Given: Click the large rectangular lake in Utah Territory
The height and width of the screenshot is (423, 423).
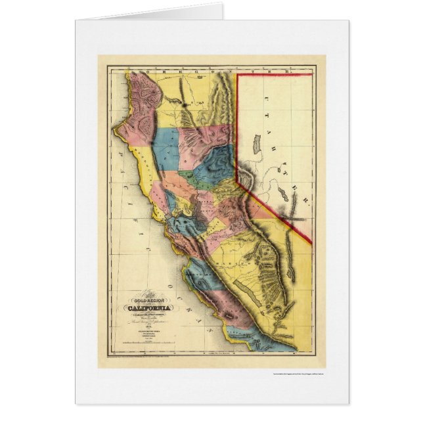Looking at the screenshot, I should (257, 144).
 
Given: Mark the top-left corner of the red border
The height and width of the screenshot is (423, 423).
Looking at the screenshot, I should (237, 74).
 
